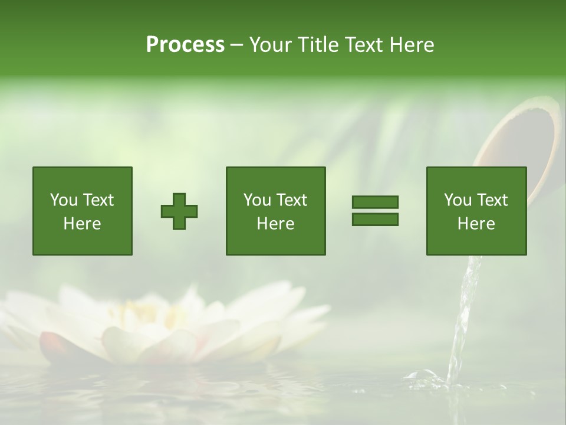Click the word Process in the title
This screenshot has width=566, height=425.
tap(185, 45)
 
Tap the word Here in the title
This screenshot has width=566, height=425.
tap(412, 45)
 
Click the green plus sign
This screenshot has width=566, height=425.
tap(179, 211)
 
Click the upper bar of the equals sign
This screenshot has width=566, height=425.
tap(375, 202)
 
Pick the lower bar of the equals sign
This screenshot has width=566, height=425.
tap(375, 220)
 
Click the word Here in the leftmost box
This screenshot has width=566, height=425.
tap(82, 224)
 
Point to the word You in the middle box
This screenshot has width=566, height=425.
tap(257, 200)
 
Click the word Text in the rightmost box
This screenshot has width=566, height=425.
tap(493, 200)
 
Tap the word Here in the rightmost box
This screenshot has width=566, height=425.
tap(476, 224)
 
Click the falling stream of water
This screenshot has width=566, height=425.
tap(463, 313)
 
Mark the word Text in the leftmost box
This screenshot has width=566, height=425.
tap(100, 200)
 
